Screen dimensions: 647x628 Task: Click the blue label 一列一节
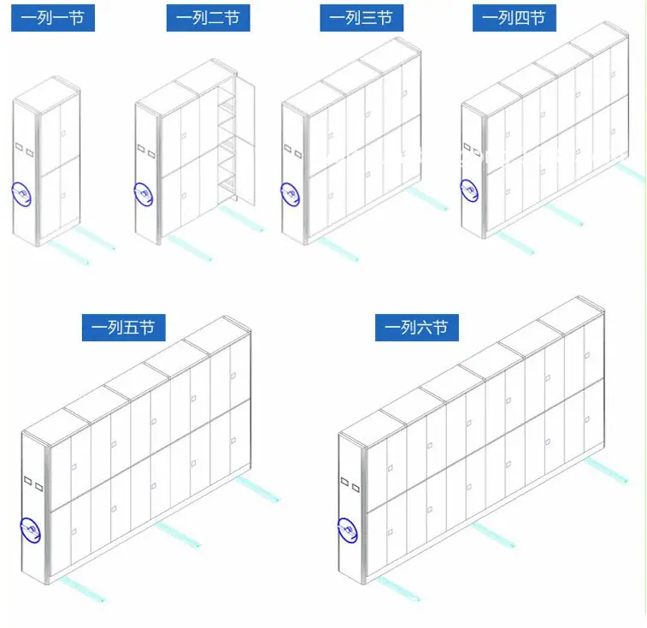point(53,18)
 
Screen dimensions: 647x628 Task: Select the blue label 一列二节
point(208,18)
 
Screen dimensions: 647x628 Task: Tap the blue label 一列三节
point(362,18)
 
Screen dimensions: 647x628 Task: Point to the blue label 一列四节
point(515,18)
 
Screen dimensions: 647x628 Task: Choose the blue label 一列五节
point(124,327)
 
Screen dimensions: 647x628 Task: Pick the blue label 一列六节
point(417,327)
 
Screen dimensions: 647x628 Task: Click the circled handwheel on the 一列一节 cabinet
point(21,194)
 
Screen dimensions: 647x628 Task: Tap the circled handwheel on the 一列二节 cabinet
point(144,194)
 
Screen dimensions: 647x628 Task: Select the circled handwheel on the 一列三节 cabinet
point(290,193)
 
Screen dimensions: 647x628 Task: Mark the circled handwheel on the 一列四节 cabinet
point(469,191)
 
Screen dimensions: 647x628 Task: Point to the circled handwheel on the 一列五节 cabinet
point(30,530)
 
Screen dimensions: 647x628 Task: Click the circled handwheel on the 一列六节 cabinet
point(348,530)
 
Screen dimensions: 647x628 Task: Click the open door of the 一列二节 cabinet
point(245,139)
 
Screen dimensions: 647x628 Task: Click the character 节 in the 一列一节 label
point(76,18)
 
